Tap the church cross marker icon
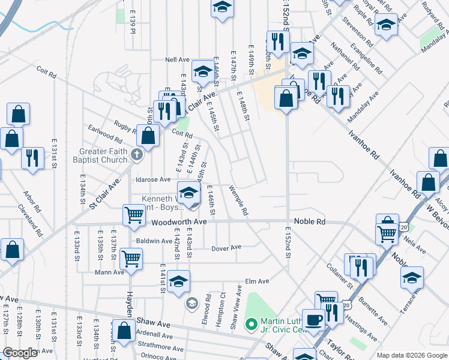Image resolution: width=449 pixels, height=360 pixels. point(137,156)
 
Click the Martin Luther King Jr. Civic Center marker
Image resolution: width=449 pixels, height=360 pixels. point(252,325)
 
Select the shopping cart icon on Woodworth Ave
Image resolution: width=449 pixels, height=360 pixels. point(134,214)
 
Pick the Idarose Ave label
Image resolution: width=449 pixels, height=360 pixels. point(154,179)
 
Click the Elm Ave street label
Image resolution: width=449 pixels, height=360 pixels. point(257,281)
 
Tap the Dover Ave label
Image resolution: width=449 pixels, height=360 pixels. point(228,247)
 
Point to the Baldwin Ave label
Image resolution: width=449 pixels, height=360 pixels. point(154,241)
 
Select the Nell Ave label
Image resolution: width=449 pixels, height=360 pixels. point(178,60)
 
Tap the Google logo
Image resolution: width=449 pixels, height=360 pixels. point(20,353)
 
